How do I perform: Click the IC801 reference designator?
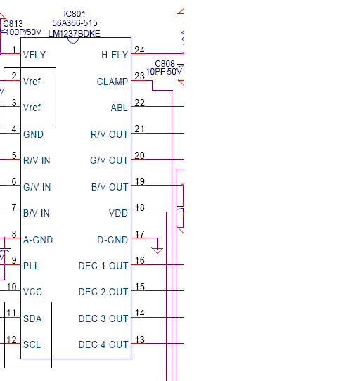75,14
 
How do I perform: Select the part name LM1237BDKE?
74,34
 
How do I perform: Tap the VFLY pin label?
34,55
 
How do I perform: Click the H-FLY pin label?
115,55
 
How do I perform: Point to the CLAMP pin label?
112,82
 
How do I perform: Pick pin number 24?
139,50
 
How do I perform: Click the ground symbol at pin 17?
157,251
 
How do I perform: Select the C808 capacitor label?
165,64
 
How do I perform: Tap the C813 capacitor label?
13,24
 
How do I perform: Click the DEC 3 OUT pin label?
103,318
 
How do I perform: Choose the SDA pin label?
32,318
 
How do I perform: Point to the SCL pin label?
32,344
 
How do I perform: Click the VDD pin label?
118,213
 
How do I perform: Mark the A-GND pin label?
38,240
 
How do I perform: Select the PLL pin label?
31,266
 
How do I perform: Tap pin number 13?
140,340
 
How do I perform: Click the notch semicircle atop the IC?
73,42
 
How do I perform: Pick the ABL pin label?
119,108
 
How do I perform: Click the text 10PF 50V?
164,72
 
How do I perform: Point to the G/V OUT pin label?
109,160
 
